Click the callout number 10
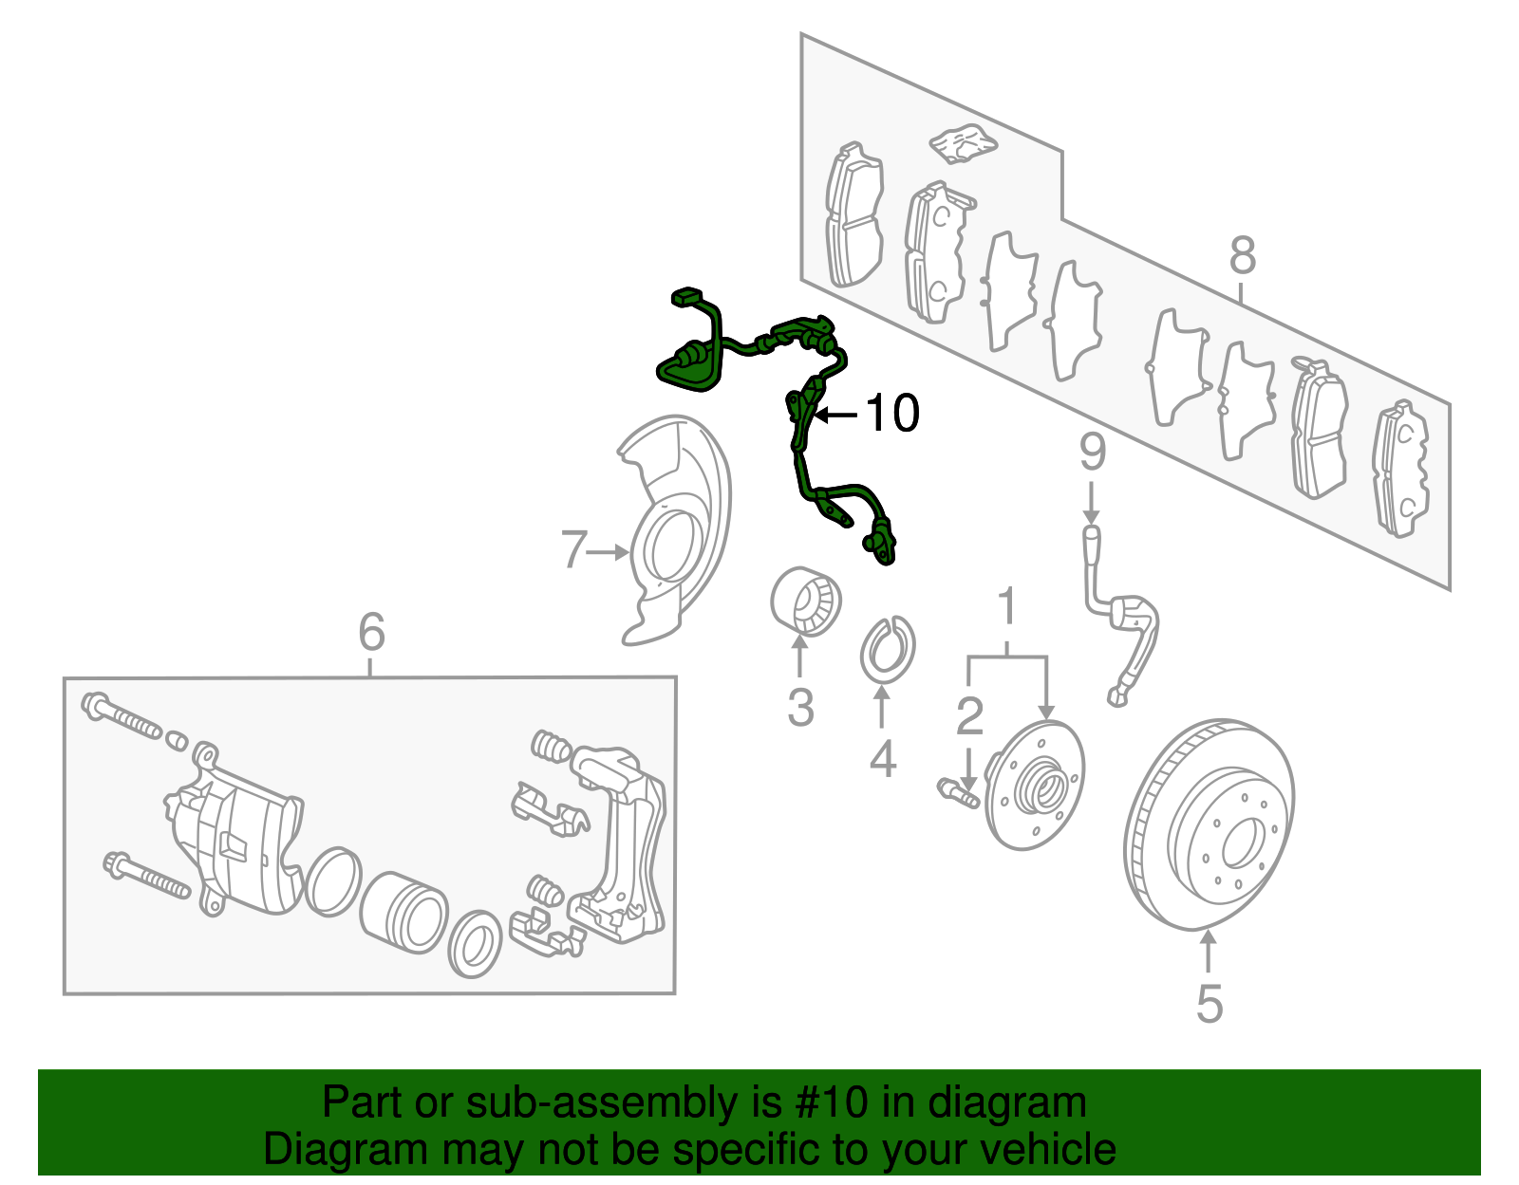[x=892, y=414]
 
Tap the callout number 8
[x=1242, y=256]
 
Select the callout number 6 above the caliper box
[x=371, y=632]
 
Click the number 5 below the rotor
[x=1209, y=1004]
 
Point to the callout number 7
[x=572, y=550]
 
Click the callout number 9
[x=1092, y=453]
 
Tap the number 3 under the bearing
[x=800, y=708]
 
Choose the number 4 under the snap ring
[x=882, y=759]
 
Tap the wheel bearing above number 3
[x=805, y=600]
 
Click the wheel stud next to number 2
[x=959, y=793]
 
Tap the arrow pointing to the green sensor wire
[x=835, y=415]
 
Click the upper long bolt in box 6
[x=123, y=717]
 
